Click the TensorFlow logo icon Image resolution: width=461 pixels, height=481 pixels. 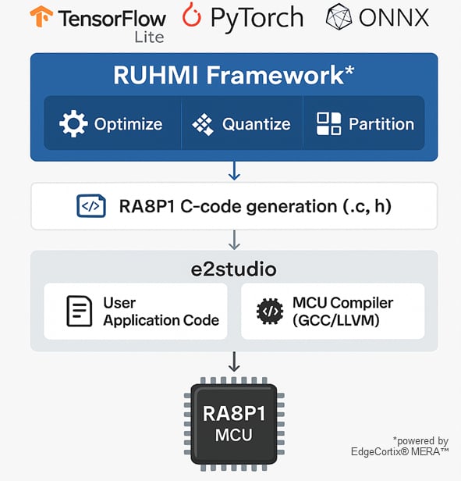(x=41, y=18)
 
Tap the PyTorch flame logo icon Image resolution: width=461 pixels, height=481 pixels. (x=193, y=16)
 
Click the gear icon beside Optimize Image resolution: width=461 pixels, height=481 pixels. (x=73, y=123)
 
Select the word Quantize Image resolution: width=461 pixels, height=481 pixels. (x=256, y=124)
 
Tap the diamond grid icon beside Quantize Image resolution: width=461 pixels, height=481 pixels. (x=202, y=124)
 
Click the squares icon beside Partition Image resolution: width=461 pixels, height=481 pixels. (x=328, y=124)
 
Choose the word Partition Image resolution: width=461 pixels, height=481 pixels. (x=381, y=124)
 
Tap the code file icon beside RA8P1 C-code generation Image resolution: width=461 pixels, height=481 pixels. (x=90, y=206)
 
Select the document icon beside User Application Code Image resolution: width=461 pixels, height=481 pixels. (x=78, y=311)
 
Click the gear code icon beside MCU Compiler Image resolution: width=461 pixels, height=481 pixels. (x=270, y=311)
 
